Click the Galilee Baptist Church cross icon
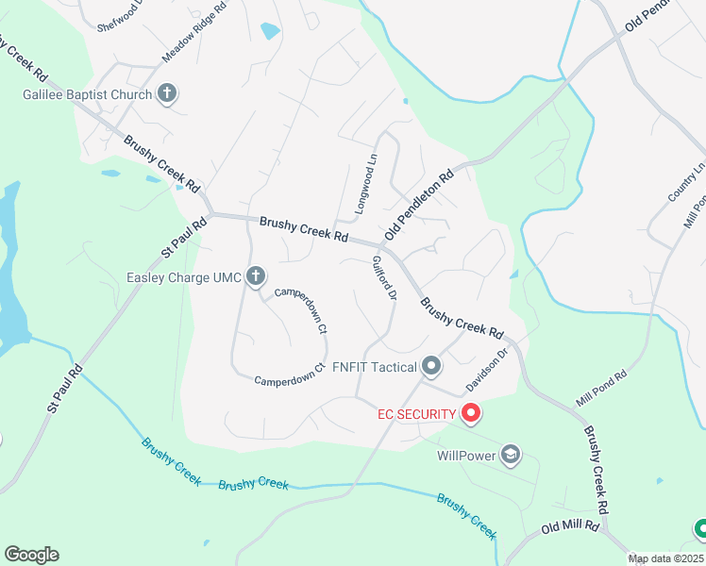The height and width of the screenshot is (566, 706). [x=167, y=93]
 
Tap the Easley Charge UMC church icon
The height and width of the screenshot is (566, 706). [x=255, y=276]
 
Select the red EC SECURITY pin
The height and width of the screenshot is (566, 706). [x=470, y=412]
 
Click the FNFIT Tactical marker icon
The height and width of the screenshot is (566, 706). [x=431, y=365]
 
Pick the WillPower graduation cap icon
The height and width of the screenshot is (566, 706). [x=511, y=456]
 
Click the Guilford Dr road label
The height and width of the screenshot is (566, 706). [x=383, y=277]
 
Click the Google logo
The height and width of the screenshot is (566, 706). [x=31, y=554]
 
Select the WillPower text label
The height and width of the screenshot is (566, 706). [x=466, y=456]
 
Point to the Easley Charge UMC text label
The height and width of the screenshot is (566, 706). [x=184, y=277]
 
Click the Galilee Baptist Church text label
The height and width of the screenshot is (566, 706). [x=88, y=94]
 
